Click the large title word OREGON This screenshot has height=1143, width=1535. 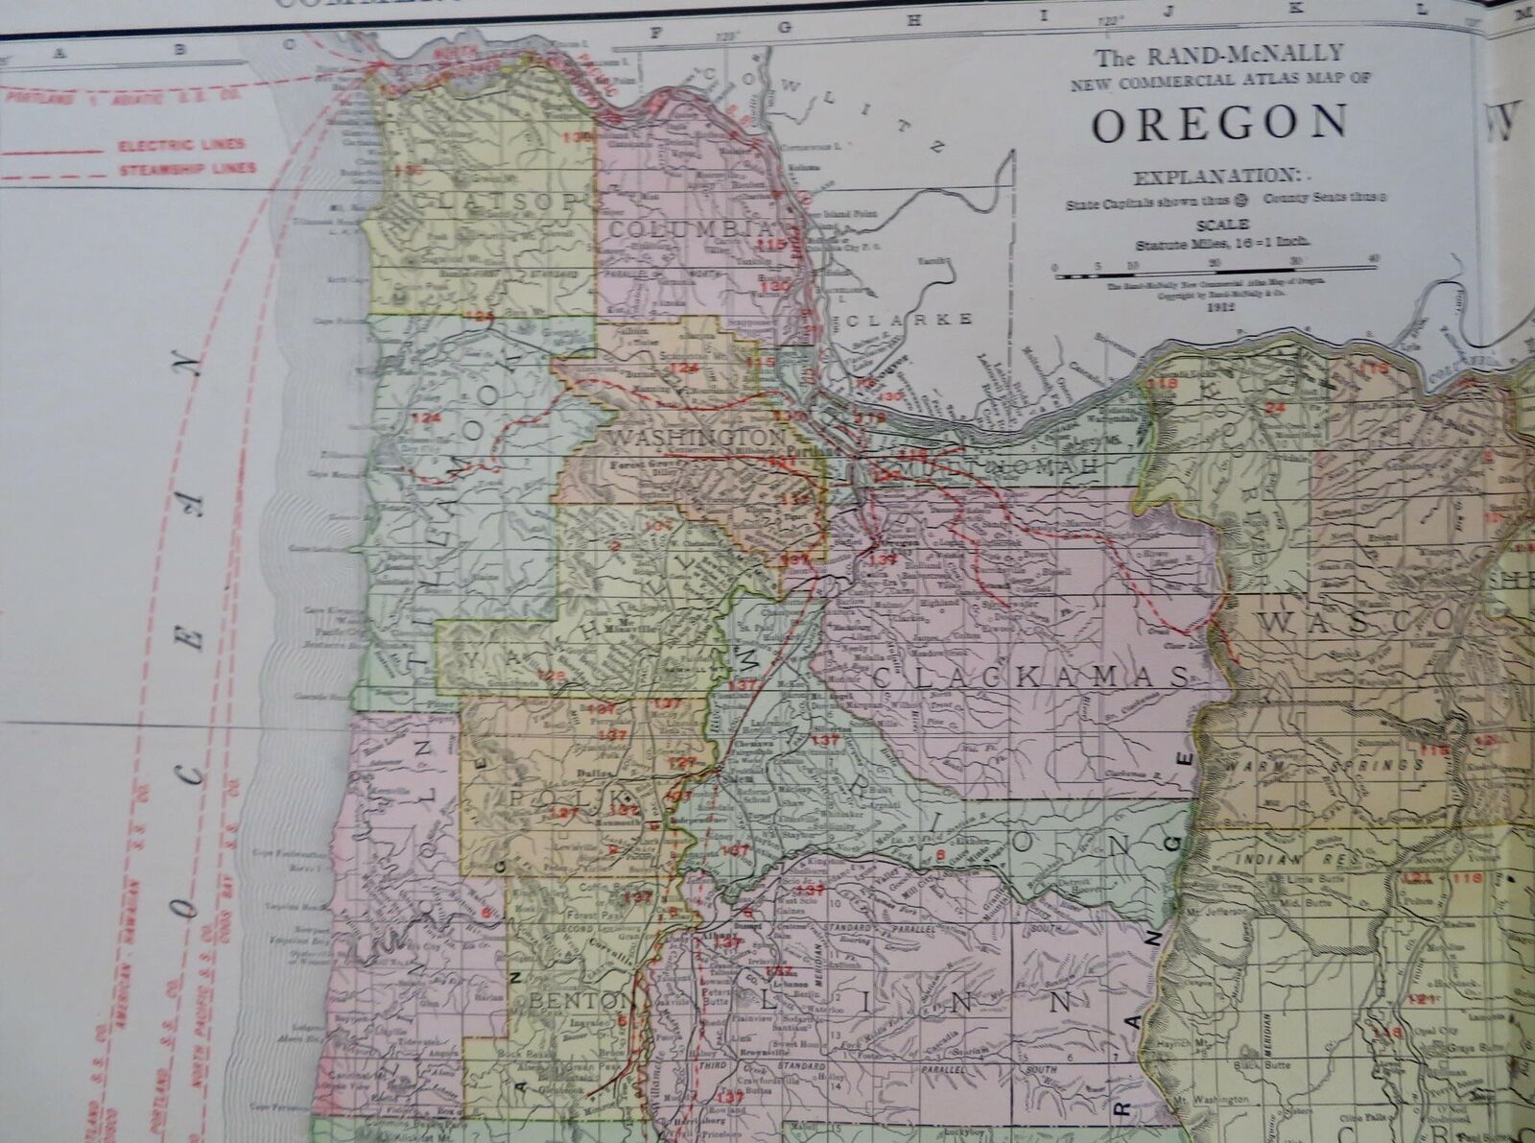[x=1218, y=123]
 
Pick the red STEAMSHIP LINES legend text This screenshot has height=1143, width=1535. [x=187, y=169]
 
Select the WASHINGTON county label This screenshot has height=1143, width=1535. [x=683, y=437]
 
